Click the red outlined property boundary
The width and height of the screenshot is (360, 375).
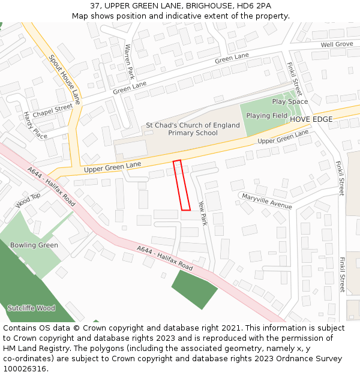tap(181, 185)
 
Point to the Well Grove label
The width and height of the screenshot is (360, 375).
tap(337, 44)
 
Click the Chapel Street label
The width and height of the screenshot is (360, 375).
tap(52, 110)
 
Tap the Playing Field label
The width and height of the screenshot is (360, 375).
tap(266, 116)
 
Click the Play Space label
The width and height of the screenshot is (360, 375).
tap(289, 101)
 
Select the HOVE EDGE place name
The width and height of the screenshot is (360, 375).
tap(311, 119)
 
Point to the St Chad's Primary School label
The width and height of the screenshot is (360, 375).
tap(193, 129)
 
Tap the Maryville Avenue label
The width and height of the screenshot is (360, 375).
tap(266, 201)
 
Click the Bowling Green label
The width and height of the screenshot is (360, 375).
tap(34, 245)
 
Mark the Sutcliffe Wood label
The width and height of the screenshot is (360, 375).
tap(31, 308)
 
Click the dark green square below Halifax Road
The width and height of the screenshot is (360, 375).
tap(194, 289)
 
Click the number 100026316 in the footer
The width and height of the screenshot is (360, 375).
tap(25, 369)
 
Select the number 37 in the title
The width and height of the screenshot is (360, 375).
tap(95, 5)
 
